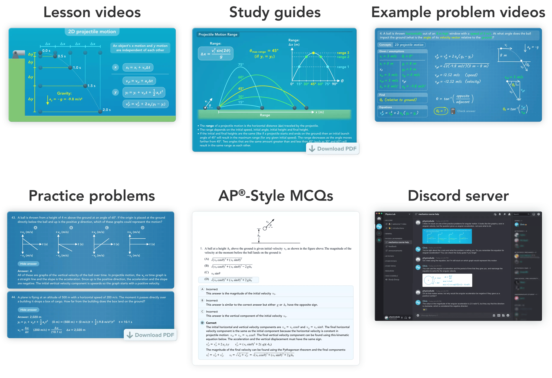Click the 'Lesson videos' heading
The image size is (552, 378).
[92, 13]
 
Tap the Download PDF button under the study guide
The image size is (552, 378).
[334, 149]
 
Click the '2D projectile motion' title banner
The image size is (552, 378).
[92, 32]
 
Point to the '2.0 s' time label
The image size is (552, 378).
[107, 110]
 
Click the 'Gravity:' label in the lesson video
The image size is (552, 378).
[64, 93]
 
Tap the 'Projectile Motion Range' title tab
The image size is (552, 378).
[218, 34]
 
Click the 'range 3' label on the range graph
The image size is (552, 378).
[343, 53]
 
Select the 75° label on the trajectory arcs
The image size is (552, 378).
[241, 65]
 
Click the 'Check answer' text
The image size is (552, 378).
[466, 111]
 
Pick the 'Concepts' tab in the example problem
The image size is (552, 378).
[385, 45]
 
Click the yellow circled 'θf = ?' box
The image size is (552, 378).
[441, 111]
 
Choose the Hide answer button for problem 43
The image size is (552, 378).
[28, 264]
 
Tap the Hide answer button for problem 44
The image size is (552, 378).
[28, 310]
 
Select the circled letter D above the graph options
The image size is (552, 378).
[142, 228]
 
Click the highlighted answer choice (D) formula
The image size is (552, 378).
[232, 280]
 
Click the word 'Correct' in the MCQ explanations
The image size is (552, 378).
[211, 323]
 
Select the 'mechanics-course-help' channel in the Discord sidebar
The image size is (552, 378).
[398, 242]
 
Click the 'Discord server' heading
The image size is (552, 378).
[458, 196]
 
